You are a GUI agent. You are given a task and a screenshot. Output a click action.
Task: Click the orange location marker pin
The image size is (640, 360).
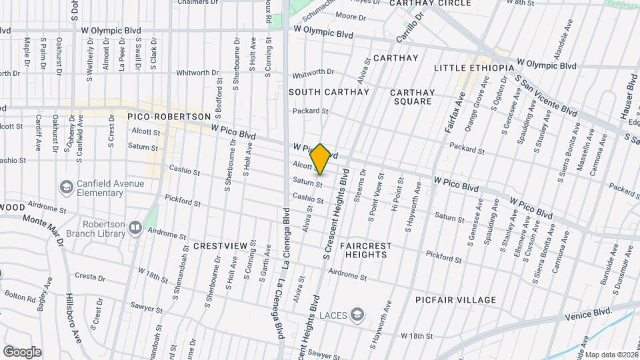click(321, 159)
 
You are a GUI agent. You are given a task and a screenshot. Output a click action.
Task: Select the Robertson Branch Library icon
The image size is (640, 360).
click(135, 228)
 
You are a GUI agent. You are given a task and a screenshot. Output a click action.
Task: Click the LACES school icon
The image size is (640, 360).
click(358, 314)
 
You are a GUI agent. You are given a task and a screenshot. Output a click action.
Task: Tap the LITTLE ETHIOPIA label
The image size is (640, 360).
click(474, 68)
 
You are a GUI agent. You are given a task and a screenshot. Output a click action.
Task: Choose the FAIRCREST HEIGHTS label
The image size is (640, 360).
click(365, 251)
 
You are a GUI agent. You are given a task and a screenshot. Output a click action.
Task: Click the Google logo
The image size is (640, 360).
click(21, 351)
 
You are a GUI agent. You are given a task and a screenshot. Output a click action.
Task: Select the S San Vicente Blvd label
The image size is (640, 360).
click(546, 95)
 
